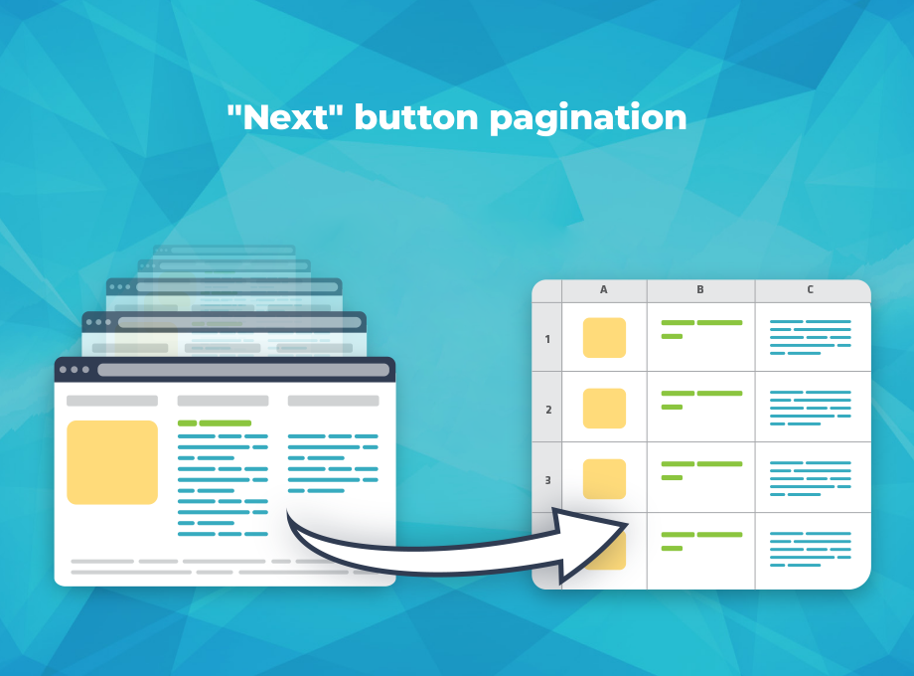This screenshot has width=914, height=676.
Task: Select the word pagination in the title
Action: pos(588,119)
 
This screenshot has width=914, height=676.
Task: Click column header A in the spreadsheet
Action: pos(603,289)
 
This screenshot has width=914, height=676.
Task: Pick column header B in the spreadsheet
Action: pos(700,289)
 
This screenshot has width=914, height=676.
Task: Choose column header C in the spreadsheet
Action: pos(810,289)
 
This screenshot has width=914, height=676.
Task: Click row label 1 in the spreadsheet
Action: pos(547,339)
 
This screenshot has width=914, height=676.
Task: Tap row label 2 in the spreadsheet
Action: pos(548,410)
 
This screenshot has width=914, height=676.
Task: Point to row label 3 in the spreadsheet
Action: pos(548,480)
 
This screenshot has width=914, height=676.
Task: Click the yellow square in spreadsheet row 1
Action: pos(604,338)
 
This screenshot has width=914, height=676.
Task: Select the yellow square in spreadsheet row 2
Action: pos(604,409)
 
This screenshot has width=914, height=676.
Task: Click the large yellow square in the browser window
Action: pos(112,462)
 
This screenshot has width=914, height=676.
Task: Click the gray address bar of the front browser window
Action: pos(243,370)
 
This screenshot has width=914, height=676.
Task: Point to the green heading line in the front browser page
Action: pos(215,422)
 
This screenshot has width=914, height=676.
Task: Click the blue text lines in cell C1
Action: pos(811,337)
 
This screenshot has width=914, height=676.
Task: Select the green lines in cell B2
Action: pos(701,400)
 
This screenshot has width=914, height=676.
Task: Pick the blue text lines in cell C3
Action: pos(811,478)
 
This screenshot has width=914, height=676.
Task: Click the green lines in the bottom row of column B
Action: pos(701,541)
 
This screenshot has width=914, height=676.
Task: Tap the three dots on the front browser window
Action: pos(75,370)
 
